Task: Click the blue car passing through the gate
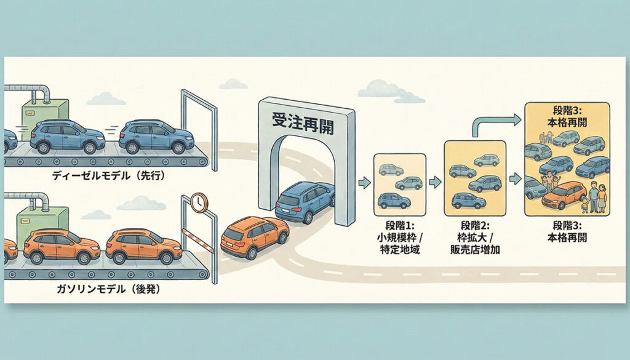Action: point(305,201)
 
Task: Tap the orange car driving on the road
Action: point(254,236)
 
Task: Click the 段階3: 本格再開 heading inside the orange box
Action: point(567,117)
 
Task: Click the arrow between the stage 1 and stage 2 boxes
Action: point(435,182)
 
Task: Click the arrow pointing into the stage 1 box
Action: point(364,182)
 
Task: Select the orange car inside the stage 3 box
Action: point(564,195)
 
